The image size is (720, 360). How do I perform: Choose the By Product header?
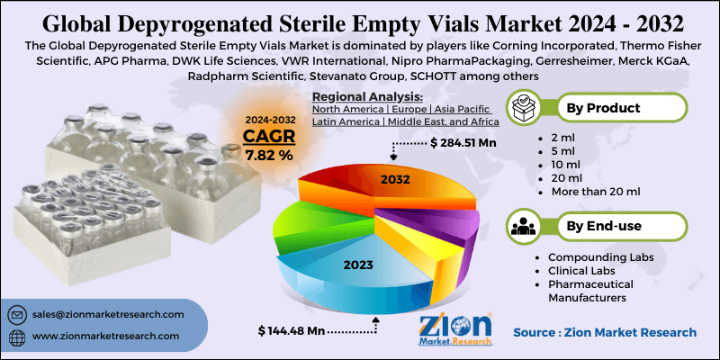point(602,108)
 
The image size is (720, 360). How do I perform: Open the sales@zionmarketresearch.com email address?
point(108,314)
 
